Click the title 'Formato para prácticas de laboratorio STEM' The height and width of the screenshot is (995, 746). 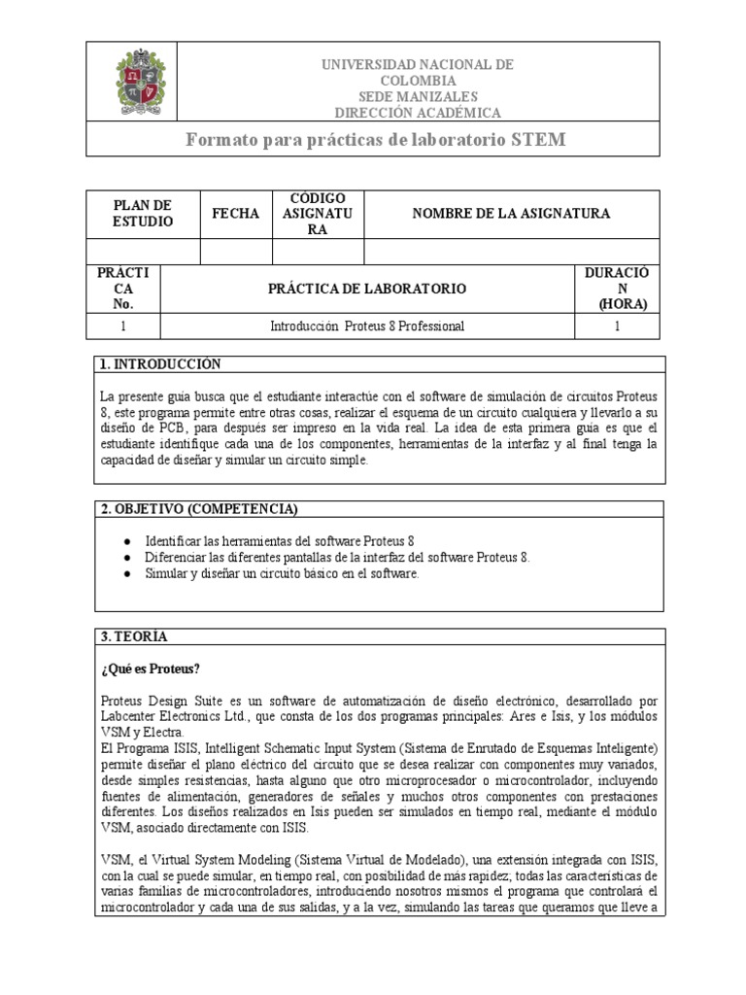(x=375, y=140)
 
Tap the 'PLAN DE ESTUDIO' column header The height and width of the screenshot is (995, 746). (x=143, y=214)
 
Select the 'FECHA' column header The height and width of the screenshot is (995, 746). (x=236, y=214)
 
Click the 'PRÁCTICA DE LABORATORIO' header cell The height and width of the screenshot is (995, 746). (x=367, y=289)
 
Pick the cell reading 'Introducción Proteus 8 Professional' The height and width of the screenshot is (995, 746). (x=367, y=326)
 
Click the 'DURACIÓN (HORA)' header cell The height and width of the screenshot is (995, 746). (x=617, y=289)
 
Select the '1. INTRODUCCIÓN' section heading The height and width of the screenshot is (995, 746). (x=160, y=364)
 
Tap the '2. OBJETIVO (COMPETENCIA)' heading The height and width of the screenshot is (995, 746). (x=199, y=510)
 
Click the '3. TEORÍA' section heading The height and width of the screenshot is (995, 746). (x=134, y=636)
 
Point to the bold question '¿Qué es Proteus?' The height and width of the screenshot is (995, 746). (x=151, y=669)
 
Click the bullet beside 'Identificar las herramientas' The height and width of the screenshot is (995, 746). (x=127, y=540)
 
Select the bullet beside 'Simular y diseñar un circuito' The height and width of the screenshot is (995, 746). (x=127, y=574)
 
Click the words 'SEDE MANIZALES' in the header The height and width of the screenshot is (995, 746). (x=418, y=97)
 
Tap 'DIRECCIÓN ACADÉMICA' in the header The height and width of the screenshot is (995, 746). (x=418, y=113)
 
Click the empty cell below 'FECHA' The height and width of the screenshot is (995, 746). (x=236, y=253)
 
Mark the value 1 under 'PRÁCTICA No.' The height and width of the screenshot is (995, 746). (x=122, y=326)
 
